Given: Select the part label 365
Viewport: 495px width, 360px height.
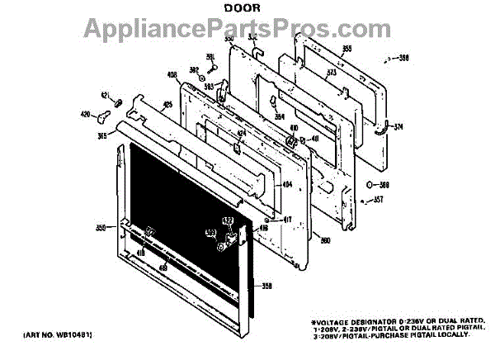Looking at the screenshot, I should (102, 135).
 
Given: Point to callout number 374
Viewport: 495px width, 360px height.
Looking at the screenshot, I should (398, 126).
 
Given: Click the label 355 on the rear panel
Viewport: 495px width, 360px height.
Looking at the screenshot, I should (347, 50).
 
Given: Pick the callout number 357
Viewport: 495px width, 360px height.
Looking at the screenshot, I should (379, 199).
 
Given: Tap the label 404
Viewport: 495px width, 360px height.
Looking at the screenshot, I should (288, 185).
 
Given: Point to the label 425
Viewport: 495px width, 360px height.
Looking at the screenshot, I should (167, 105).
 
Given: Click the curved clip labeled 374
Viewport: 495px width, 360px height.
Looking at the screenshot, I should (383, 127).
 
